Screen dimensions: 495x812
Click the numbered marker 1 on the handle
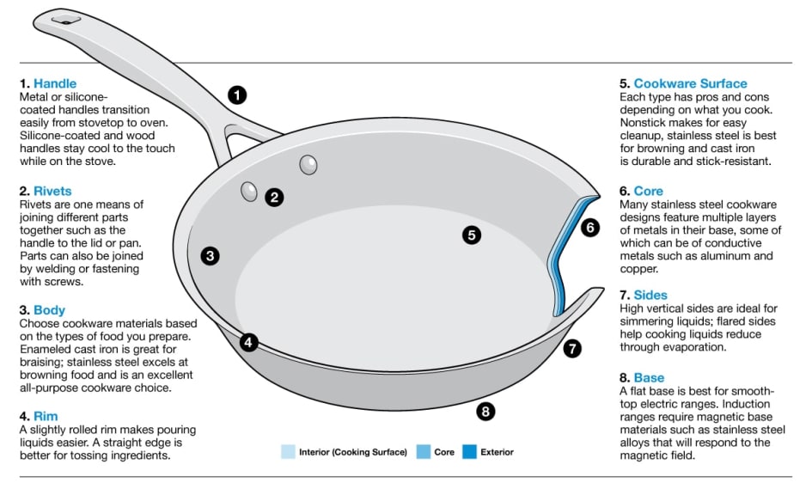click(x=238, y=95)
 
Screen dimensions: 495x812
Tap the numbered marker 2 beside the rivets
click(x=274, y=197)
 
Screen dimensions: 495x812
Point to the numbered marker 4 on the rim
click(x=248, y=342)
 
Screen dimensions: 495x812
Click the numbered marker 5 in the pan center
click(x=471, y=235)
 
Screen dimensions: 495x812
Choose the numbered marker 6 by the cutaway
click(x=589, y=228)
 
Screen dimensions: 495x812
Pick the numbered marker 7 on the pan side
click(x=573, y=348)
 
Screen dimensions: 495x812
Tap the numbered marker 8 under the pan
click(x=485, y=411)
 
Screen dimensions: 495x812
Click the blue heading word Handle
click(x=55, y=83)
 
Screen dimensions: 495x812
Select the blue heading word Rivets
click(x=52, y=191)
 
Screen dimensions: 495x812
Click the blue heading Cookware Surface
click(x=690, y=83)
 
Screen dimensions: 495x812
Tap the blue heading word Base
click(x=649, y=377)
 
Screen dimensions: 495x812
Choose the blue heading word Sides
click(x=650, y=295)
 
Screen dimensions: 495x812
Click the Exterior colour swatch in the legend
click(x=469, y=451)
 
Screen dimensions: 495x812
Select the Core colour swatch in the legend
click(x=423, y=451)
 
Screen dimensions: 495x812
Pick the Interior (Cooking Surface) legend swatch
click(x=288, y=451)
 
